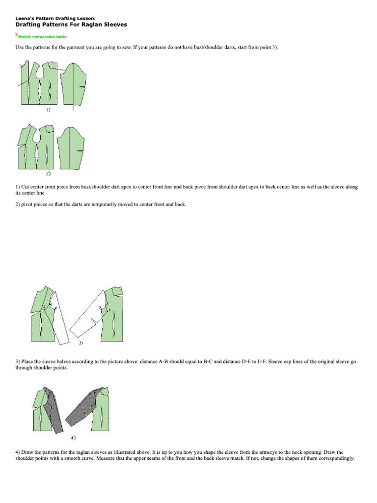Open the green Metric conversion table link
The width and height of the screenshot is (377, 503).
coord(42,36)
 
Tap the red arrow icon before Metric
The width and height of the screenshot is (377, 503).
coord(17,35)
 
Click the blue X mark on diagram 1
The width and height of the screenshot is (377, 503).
coord(21,65)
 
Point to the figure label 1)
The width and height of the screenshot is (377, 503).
coord(48,111)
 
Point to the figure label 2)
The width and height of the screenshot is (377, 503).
coord(48,174)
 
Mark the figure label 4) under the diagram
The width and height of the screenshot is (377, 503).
coord(73,437)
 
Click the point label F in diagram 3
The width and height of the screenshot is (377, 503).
coord(110,310)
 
